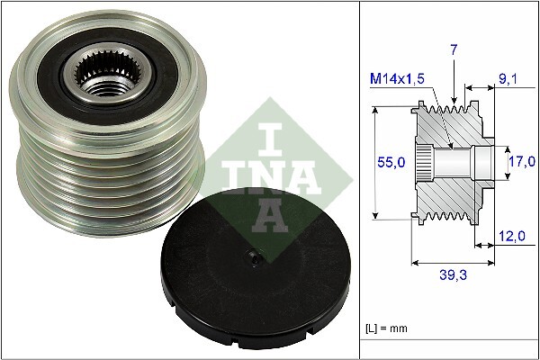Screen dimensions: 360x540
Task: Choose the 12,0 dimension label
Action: coord(510,237)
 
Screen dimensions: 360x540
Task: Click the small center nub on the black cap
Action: coord(256,261)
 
